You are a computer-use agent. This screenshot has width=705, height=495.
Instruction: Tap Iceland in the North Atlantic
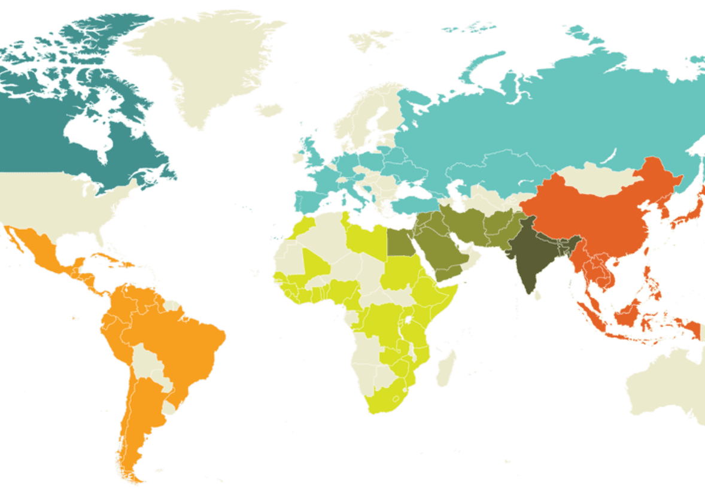click(269, 110)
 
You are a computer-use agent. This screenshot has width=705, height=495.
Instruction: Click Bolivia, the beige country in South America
click(143, 359)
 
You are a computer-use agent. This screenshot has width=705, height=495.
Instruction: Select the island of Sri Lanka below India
click(538, 294)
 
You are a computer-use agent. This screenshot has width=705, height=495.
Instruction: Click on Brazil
click(180, 335)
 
